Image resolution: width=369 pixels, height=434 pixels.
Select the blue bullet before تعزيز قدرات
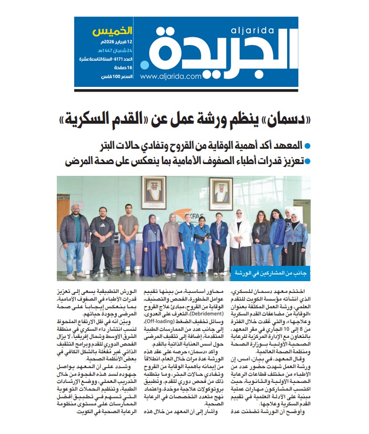coord(307,162)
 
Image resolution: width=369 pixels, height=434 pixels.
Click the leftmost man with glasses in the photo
coord(75,235)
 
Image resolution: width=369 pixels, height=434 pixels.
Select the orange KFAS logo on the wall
coord(187,208)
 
